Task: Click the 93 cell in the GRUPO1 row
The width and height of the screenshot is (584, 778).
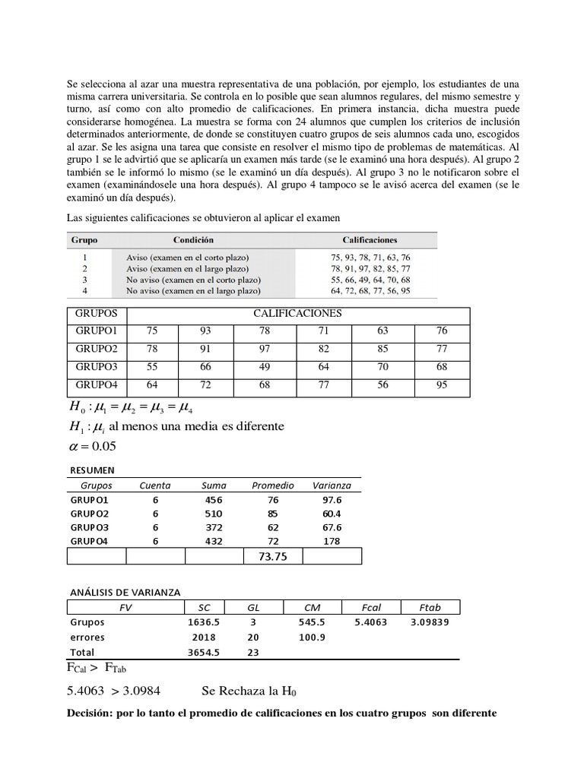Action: pos(206,330)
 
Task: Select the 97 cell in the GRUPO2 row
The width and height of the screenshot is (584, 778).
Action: pos(264,349)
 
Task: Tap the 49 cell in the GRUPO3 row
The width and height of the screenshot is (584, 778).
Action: pos(264,367)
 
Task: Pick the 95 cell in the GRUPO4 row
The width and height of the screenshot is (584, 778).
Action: pos(443,385)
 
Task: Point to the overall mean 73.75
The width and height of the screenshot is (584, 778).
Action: pos(272,557)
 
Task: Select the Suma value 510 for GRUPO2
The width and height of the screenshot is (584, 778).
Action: pos(214,514)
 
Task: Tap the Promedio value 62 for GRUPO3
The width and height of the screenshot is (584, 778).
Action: pos(273,527)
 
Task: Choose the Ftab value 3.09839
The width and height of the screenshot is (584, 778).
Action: pos(430,622)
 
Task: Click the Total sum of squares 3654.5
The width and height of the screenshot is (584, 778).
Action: pos(203,653)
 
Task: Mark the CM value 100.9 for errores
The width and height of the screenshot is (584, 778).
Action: pos(312,637)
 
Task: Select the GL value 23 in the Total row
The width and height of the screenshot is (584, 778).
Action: pos(253,653)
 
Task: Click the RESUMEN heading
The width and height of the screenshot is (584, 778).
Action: pos(91,470)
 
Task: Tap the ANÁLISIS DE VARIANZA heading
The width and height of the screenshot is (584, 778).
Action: pos(124,593)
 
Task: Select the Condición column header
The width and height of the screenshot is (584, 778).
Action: pos(193,239)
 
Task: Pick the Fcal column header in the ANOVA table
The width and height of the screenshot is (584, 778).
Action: pos(371,607)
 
